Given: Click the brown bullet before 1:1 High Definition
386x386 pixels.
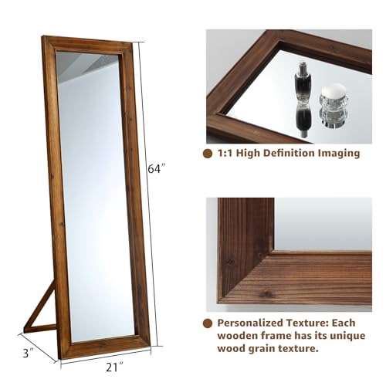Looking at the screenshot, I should pyautogui.click(x=208, y=154).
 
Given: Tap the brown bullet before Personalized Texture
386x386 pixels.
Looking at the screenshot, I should pyautogui.click(x=208, y=324).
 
